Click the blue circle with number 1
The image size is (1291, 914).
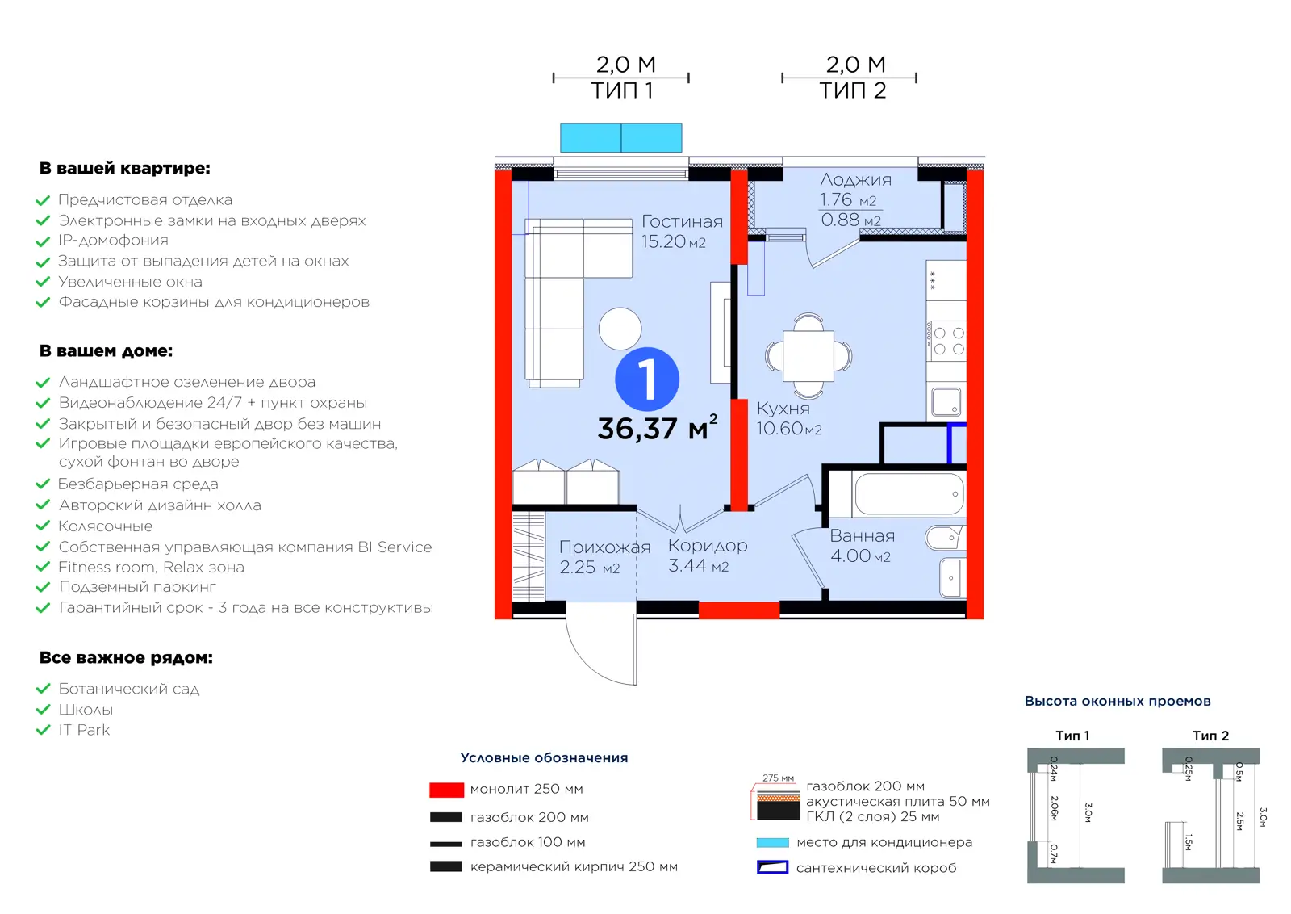[647, 379]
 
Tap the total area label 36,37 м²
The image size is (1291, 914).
[658, 427]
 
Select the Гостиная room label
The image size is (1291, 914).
[682, 221]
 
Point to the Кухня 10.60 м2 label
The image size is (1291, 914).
[788, 418]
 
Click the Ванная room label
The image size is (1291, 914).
[863, 535]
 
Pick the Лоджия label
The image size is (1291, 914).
[855, 179]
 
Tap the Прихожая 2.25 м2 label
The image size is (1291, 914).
[604, 556]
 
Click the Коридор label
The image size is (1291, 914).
[708, 545]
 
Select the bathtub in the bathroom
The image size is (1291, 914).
[909, 493]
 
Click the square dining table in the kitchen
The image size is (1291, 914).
[808, 356]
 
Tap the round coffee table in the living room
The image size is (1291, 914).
[620, 329]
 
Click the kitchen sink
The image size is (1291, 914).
[946, 402]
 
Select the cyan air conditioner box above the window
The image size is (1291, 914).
[620, 137]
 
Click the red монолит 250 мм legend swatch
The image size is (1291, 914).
[446, 790]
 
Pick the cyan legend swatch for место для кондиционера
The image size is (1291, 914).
[772, 842]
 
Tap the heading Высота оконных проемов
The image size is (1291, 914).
[1117, 701]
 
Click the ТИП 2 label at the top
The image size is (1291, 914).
[852, 90]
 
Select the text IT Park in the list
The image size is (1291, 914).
[84, 730]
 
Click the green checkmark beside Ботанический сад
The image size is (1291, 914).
[44, 689]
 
